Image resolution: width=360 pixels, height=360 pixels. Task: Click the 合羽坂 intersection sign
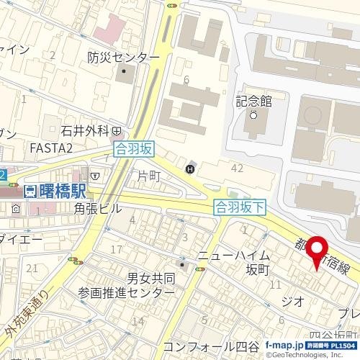click(x=134, y=150)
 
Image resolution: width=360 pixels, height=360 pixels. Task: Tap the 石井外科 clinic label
click(x=84, y=131)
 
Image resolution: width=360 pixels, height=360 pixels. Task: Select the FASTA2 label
click(x=51, y=148)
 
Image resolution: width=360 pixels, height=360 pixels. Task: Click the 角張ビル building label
click(x=99, y=209)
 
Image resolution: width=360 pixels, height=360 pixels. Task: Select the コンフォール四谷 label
click(x=210, y=345)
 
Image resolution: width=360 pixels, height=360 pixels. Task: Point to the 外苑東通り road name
click(x=28, y=318)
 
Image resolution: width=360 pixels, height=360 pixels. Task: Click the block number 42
click(x=236, y=168)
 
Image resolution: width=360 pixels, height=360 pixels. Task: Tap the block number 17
click(x=117, y=249)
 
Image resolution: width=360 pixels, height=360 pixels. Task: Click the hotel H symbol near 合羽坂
click(x=190, y=169)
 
